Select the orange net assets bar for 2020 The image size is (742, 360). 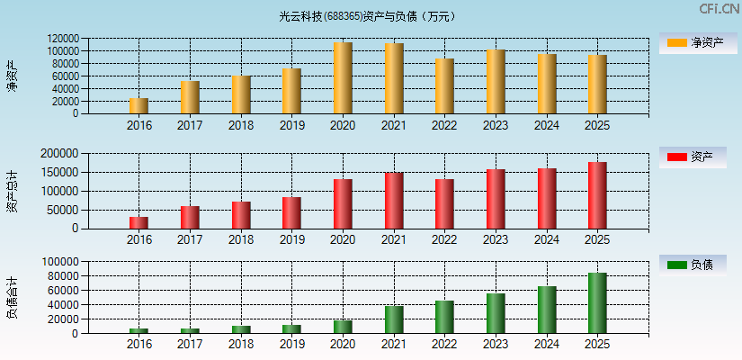pyautogui.click(x=343, y=78)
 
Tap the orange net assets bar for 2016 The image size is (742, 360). pyautogui.click(x=139, y=106)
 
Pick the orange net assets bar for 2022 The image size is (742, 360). pyautogui.click(x=444, y=86)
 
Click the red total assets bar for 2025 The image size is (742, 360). pyautogui.click(x=597, y=195)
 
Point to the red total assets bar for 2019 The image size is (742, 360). pyautogui.click(x=291, y=212)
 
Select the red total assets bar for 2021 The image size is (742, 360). pyautogui.click(x=393, y=201)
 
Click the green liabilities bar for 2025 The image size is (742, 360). pyautogui.click(x=597, y=303)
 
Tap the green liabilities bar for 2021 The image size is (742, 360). pyautogui.click(x=393, y=319)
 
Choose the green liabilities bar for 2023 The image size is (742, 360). pyautogui.click(x=496, y=313)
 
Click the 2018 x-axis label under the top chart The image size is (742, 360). pyautogui.click(x=240, y=125)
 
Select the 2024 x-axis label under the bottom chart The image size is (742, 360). pyautogui.click(x=546, y=345)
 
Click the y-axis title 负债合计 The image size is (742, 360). pyautogui.click(x=12, y=298)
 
